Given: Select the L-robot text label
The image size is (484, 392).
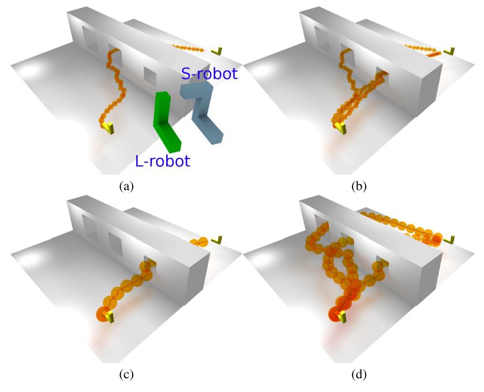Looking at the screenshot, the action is tap(162, 161).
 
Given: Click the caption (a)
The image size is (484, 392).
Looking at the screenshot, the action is tap(125, 186).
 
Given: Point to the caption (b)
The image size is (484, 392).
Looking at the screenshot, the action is tap(359, 186).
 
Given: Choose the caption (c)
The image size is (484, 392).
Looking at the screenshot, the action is tap(125, 375).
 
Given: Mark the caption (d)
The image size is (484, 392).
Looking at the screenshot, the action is tap(359, 375).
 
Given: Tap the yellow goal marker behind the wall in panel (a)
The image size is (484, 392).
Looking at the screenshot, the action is tap(218, 52).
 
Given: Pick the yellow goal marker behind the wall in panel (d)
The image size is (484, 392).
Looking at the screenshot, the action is tap(452, 239).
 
